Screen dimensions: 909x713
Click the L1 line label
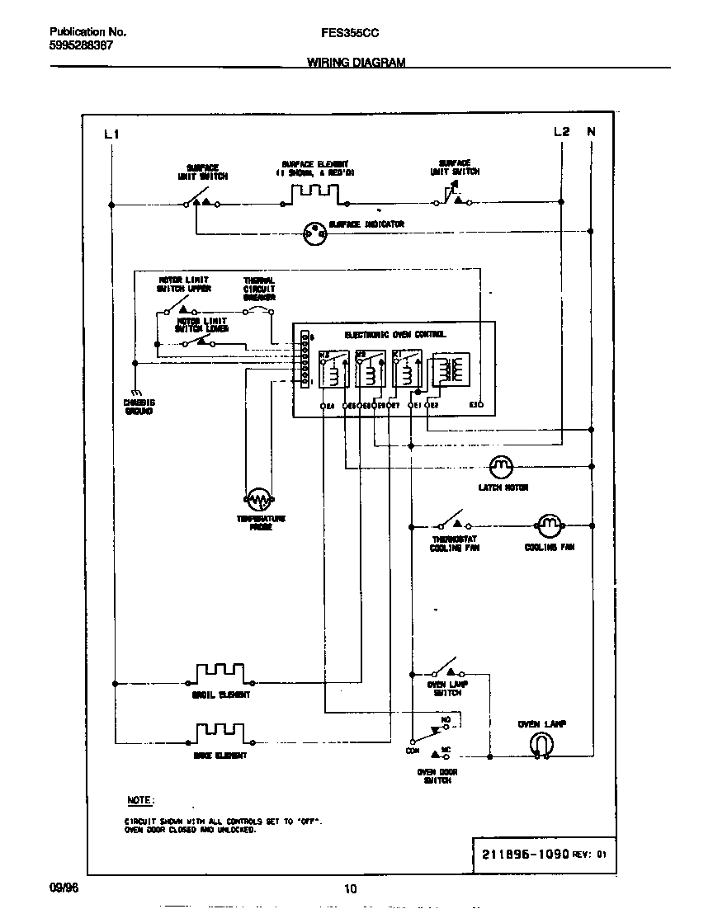click(x=112, y=134)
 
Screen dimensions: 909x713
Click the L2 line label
click(x=561, y=132)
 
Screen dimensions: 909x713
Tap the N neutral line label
click(x=591, y=132)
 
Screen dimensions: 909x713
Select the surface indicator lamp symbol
click(x=314, y=235)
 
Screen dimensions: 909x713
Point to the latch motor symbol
click(x=501, y=468)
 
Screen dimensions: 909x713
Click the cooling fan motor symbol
click(x=548, y=525)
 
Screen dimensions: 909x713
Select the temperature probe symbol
click(x=259, y=499)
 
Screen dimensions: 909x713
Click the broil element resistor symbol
click(x=220, y=672)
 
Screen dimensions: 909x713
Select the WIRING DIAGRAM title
click(x=356, y=62)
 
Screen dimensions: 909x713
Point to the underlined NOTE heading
click(x=139, y=801)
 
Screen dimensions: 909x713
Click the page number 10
click(x=350, y=888)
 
